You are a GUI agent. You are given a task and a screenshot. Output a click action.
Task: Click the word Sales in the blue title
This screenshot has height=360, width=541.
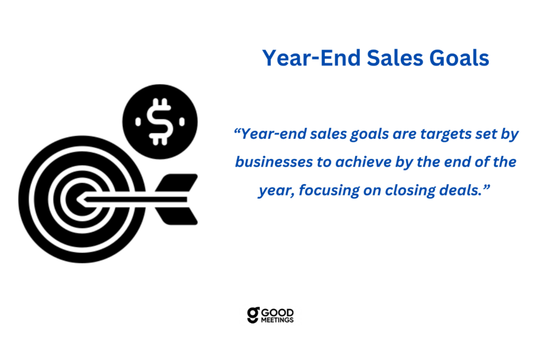click(x=395, y=58)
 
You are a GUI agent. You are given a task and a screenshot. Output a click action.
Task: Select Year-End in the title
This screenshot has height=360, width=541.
click(x=312, y=58)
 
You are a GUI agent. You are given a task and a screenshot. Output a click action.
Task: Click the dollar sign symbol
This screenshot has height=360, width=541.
click(x=160, y=122)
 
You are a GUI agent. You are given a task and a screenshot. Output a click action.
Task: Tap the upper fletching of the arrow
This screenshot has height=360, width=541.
click(x=176, y=183)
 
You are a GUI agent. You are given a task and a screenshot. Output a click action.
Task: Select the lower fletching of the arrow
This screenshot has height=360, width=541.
click(x=176, y=216)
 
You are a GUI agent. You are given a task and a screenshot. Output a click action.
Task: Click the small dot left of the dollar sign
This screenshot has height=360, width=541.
click(x=138, y=122)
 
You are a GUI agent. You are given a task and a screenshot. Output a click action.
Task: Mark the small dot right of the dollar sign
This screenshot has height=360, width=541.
click(x=182, y=122)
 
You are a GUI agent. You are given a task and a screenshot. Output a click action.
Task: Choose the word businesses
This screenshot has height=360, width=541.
click(x=274, y=162)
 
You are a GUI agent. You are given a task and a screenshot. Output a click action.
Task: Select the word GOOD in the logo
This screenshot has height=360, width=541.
click(x=277, y=313)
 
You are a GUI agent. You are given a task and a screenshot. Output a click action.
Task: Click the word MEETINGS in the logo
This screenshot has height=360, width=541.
click(x=277, y=320)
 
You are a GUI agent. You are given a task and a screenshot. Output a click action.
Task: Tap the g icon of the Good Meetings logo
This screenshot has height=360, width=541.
click(x=253, y=315)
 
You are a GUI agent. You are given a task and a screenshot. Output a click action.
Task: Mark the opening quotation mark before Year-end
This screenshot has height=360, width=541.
click(x=237, y=130)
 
